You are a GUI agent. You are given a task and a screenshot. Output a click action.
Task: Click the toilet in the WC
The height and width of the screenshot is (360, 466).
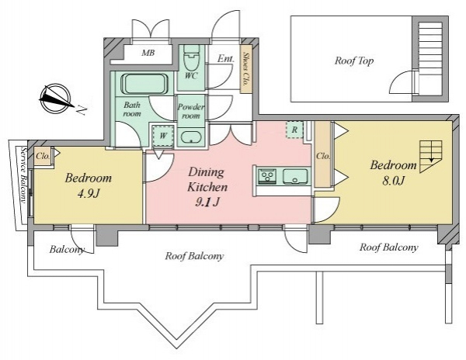[191, 57]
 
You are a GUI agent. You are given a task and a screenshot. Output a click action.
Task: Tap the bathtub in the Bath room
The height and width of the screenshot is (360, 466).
[144, 84]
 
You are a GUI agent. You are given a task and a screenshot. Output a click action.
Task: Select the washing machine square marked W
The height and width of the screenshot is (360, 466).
[163, 136]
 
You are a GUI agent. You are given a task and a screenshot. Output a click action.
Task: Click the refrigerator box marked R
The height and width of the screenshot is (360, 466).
[294, 130]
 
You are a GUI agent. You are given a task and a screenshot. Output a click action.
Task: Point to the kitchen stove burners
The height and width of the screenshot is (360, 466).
[267, 176]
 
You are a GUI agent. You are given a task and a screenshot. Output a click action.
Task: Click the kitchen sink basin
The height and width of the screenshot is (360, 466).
[295, 176]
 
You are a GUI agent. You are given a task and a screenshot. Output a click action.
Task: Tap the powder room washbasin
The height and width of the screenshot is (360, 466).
[191, 137]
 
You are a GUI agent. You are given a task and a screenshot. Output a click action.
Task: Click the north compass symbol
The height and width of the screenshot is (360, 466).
[57, 99]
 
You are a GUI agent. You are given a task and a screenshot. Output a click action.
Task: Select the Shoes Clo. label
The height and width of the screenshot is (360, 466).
[245, 69]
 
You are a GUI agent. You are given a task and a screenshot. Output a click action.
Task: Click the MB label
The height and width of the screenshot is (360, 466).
[148, 53]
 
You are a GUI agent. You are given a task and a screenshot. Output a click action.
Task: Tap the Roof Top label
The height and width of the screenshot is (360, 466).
[354, 61]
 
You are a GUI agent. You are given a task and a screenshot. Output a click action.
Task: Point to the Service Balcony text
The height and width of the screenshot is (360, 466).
[23, 175]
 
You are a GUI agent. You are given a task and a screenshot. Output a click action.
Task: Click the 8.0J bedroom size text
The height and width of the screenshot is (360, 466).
[393, 181]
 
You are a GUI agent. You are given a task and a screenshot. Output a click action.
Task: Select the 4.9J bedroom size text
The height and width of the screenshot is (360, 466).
[89, 194]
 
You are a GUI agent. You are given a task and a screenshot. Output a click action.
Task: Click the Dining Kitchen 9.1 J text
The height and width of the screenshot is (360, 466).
[207, 187]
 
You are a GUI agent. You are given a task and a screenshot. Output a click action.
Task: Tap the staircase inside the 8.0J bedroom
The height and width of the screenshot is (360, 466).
[430, 157]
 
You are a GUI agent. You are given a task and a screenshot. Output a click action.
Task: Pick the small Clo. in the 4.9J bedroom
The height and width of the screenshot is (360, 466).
[43, 156]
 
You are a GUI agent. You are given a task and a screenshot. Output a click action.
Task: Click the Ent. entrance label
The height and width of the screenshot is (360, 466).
[226, 58]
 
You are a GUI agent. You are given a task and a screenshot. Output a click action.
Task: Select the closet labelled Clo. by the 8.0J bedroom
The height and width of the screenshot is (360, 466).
[323, 154]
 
